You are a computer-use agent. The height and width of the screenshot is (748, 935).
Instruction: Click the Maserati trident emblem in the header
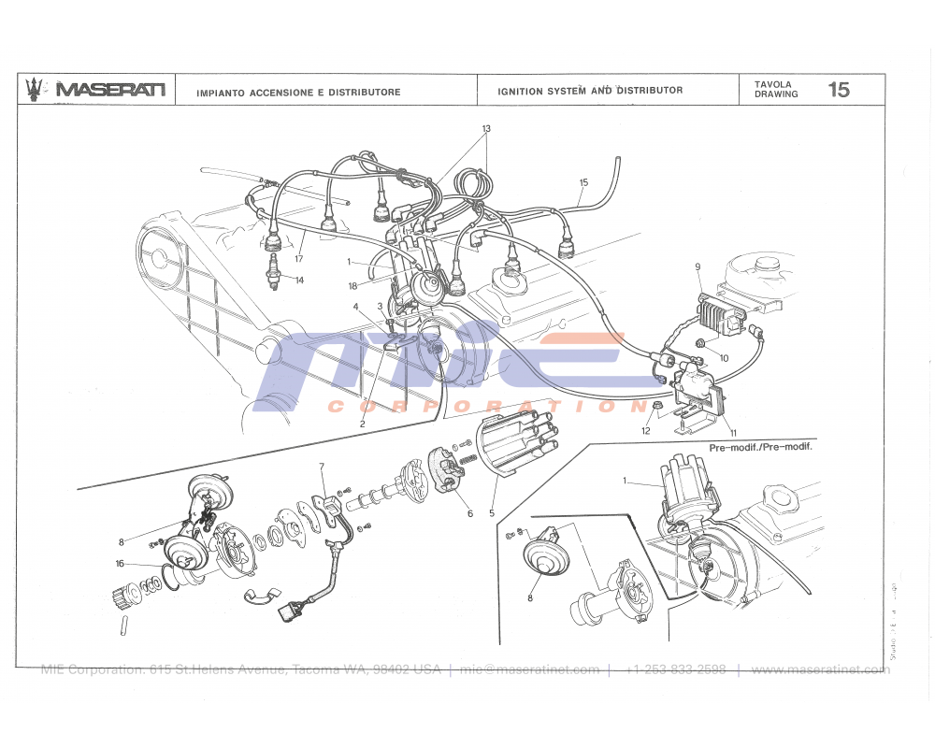[x=36, y=89]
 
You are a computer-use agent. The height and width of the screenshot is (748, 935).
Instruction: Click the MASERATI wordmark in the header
[x=110, y=90]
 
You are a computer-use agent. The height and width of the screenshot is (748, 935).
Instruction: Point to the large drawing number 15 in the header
[x=839, y=90]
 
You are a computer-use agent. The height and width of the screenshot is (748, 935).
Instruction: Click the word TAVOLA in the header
[x=773, y=84]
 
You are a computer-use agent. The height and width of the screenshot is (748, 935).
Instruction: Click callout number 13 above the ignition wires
[x=486, y=128]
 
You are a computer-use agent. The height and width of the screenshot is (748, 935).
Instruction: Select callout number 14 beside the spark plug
[x=299, y=280]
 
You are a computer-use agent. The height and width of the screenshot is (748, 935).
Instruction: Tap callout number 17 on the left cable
[x=299, y=259]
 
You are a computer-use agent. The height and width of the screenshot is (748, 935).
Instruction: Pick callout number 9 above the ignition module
[x=698, y=267]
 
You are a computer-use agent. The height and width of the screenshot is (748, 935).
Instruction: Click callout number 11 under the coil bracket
[x=732, y=432]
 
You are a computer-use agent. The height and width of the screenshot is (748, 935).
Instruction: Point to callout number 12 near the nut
[x=645, y=431]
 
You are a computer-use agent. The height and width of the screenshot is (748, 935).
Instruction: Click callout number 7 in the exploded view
[x=321, y=466]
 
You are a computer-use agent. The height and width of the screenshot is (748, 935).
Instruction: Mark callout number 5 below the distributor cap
[x=491, y=513]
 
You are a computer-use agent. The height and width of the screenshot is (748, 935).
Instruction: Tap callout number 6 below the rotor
[x=470, y=513]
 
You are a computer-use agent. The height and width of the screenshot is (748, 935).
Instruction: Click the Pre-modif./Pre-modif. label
[x=760, y=448]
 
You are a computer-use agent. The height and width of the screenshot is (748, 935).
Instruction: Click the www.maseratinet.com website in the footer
[x=819, y=669]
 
